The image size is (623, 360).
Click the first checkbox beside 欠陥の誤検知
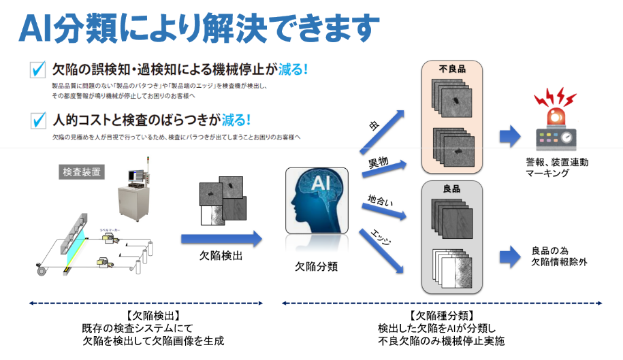tap(38, 70)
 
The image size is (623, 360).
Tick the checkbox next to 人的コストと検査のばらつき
tap(38, 121)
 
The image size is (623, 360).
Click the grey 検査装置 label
tap(82, 172)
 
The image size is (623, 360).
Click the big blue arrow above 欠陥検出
tap(221, 239)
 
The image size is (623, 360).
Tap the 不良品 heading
tap(451, 69)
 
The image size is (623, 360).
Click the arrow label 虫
tap(373, 125)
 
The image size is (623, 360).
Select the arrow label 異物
tap(379, 163)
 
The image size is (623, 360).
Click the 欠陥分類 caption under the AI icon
tap(316, 266)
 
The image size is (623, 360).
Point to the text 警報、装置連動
tap(557, 163)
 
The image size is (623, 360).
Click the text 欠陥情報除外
tap(556, 262)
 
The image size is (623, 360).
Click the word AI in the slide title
tap(35, 27)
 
